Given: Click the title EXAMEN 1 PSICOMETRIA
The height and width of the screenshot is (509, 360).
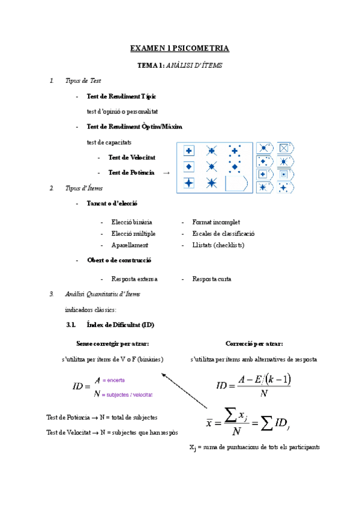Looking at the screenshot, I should pyautogui.click(x=180, y=48).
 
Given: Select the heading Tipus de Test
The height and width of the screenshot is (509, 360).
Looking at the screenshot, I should pyautogui.click(x=83, y=80).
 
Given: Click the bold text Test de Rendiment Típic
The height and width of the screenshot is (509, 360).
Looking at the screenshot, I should pyautogui.click(x=122, y=96).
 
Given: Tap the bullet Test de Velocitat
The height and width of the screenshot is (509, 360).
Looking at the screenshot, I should pyautogui.click(x=131, y=157).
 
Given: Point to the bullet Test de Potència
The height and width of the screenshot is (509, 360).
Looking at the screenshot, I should pyautogui.click(x=131, y=173).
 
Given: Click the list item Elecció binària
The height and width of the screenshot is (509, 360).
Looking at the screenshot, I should pyautogui.click(x=131, y=222).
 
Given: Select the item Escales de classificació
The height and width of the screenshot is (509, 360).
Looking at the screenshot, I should pyautogui.click(x=223, y=233).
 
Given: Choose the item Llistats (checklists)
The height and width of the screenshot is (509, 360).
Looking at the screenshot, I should pyautogui.click(x=218, y=245).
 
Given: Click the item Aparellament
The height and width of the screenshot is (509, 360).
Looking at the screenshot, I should pyautogui.click(x=130, y=245).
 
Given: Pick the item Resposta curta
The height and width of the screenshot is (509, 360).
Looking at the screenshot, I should pyautogui.click(x=212, y=279).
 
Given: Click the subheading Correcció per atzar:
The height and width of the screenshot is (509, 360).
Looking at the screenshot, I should pyautogui.click(x=254, y=343).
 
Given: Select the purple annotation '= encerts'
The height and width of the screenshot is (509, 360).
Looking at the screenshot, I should pyautogui.click(x=113, y=381).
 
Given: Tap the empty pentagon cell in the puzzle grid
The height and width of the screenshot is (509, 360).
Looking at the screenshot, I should pyautogui.click(x=236, y=183).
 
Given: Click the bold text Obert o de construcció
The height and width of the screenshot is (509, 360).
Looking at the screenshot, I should pyautogui.click(x=119, y=261).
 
